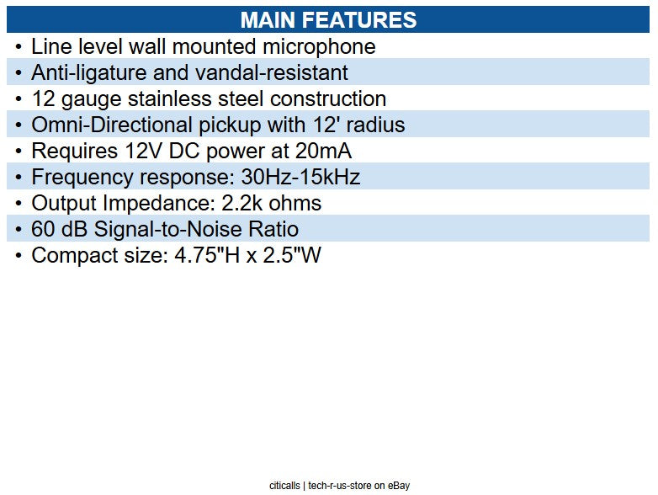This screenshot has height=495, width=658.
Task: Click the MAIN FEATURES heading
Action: click(328, 20)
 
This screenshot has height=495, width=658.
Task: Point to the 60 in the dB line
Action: click(43, 230)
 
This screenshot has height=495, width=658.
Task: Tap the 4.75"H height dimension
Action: click(203, 256)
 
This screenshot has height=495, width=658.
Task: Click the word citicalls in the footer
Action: click(285, 486)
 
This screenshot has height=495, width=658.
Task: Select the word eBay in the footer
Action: click(399, 486)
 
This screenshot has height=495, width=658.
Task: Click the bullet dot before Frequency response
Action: click(19, 178)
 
